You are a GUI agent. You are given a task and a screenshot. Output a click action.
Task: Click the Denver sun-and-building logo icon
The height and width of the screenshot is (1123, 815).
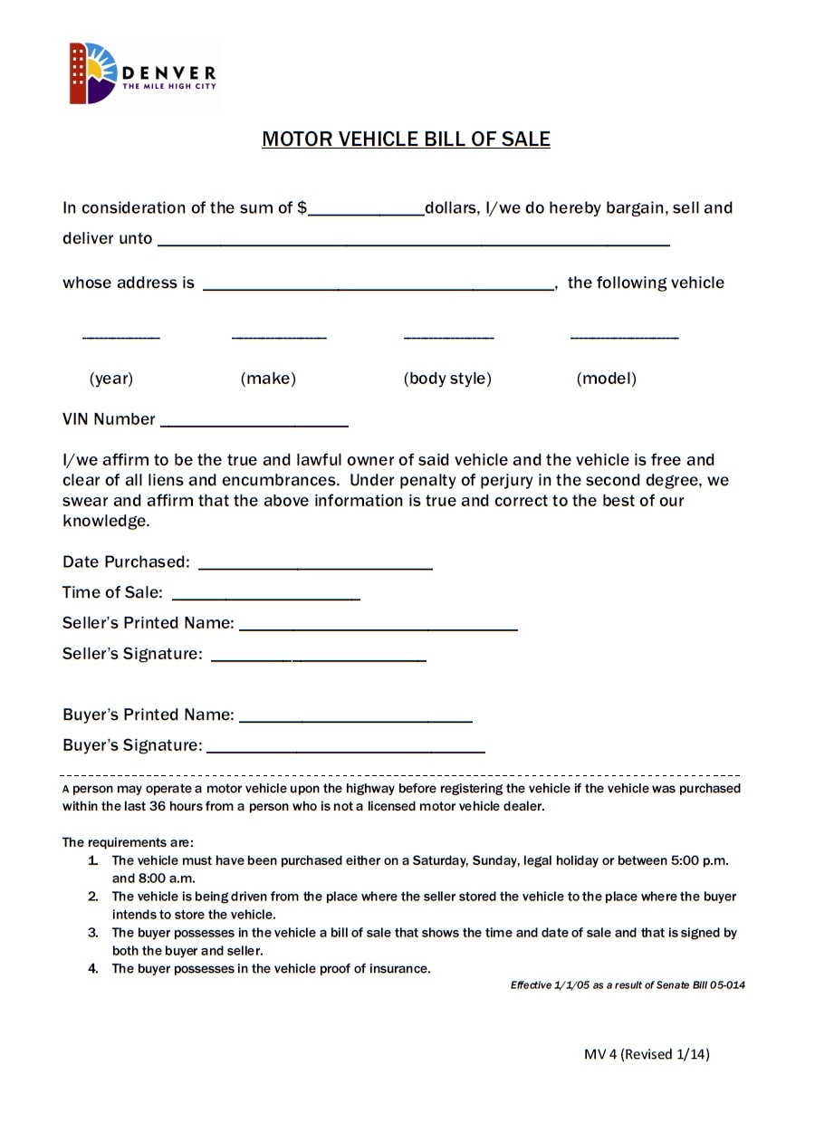[93, 72]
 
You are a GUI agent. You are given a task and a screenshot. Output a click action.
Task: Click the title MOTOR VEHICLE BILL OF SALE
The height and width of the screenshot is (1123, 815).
[406, 139]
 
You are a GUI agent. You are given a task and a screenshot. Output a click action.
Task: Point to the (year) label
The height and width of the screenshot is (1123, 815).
[111, 379]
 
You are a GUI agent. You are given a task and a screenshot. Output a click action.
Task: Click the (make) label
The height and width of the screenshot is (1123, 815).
[268, 379]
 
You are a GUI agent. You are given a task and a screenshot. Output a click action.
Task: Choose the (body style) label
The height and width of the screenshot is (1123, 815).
[447, 379]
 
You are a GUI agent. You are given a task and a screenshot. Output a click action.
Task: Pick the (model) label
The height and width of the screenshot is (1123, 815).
[607, 379]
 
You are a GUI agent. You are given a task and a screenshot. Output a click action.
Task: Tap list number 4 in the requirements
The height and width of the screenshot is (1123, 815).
[93, 969]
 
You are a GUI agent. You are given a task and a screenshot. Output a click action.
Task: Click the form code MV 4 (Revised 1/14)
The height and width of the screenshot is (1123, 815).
[647, 1054]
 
